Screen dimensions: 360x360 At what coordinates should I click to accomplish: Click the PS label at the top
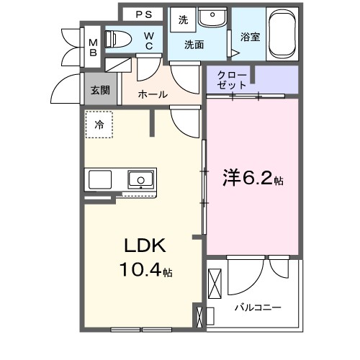pos(143,14)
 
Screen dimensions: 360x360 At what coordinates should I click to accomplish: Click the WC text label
pos(149,42)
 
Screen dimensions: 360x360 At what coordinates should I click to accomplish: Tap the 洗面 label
pos(194,45)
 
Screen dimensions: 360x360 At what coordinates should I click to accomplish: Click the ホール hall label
pos(152,94)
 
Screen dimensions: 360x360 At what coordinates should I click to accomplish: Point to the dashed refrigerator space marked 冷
pos(99,125)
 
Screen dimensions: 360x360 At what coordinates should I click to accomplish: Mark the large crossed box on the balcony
pos(216,284)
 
